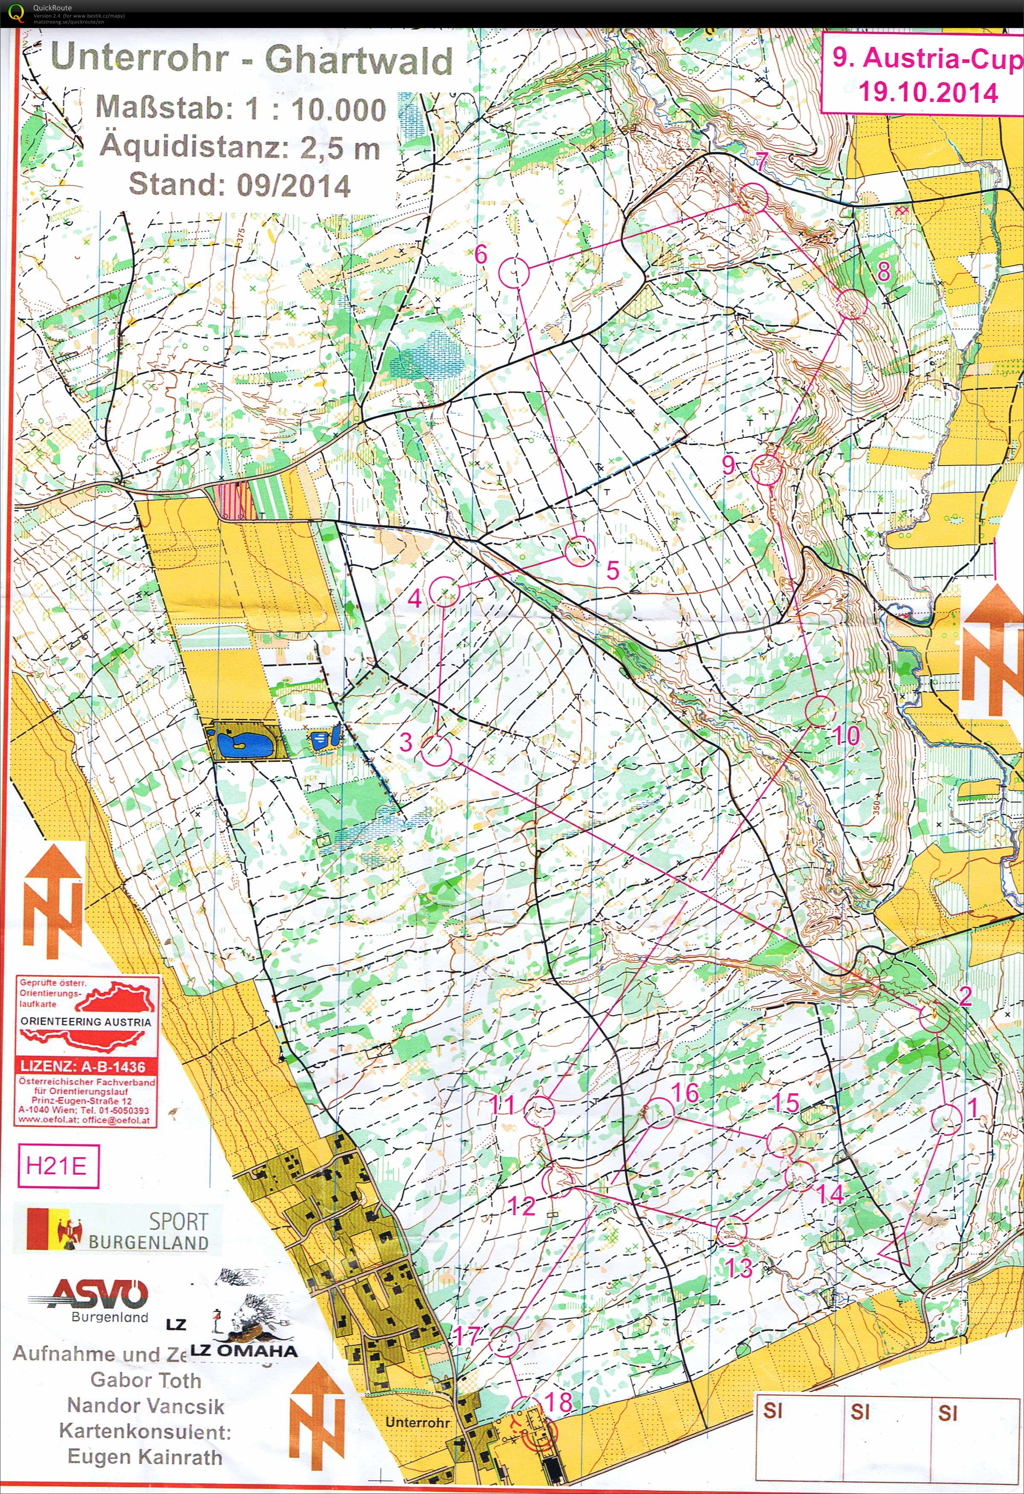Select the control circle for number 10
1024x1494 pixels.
pyautogui.click(x=820, y=710)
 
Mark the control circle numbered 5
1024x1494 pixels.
pyautogui.click(x=579, y=551)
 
